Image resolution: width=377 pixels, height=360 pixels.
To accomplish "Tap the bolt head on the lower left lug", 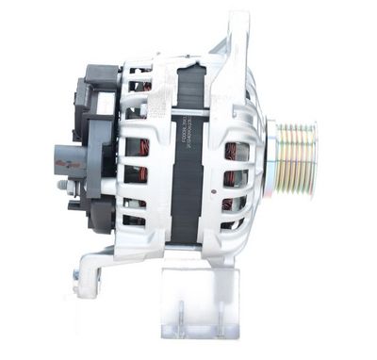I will tap(76, 277).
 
